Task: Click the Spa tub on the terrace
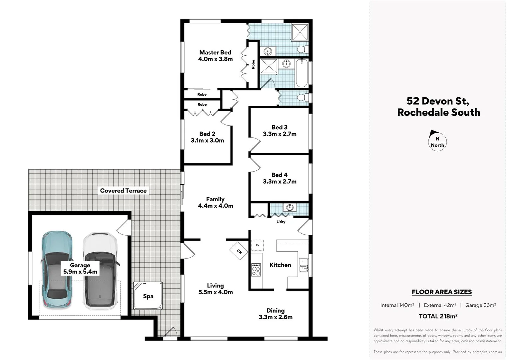coord(148,296)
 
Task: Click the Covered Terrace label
coord(123,191)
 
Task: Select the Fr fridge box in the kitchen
coord(257,245)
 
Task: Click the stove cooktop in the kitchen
coord(256,270)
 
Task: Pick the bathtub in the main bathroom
coord(302,73)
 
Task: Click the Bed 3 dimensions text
coord(279,134)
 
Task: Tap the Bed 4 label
coord(279,175)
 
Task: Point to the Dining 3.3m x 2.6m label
coord(275,314)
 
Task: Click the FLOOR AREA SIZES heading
coord(442,292)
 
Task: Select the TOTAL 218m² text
coord(438,316)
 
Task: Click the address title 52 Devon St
coord(438,101)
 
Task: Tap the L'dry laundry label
coord(281,222)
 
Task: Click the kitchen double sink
coord(303,265)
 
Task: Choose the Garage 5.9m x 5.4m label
coord(80,268)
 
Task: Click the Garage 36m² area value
coord(480,305)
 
